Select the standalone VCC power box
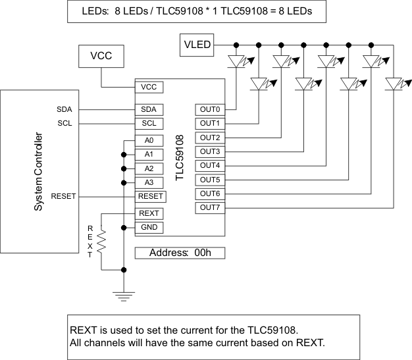tap(101, 57)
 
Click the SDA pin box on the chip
tap(148, 109)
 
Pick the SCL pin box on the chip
tap(148, 123)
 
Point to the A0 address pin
tap(148, 140)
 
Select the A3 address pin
tap(148, 182)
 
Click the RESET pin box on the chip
tap(150, 196)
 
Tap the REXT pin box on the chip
tap(149, 214)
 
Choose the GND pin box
tap(149, 228)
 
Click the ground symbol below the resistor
tap(123, 296)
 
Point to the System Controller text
tap(39, 172)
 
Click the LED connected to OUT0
tap(236, 62)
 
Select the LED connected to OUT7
tap(394, 84)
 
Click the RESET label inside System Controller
tap(63, 196)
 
